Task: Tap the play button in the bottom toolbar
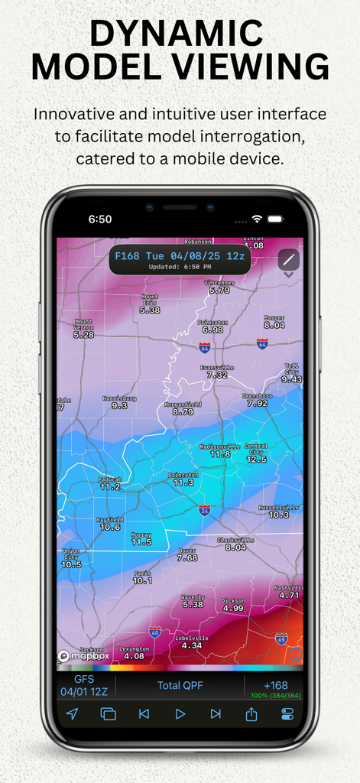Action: pyautogui.click(x=180, y=713)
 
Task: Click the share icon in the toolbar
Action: pyautogui.click(x=251, y=713)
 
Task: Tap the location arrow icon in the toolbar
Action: pyautogui.click(x=72, y=713)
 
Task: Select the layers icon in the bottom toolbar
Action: pyautogui.click(x=108, y=713)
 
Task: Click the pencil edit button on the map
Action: pyautogui.click(x=289, y=260)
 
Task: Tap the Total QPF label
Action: pyautogui.click(x=180, y=685)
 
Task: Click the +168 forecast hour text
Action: pyautogui.click(x=275, y=685)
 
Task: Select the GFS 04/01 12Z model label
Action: pyautogui.click(x=84, y=685)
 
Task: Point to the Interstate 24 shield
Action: pyautogui.click(x=204, y=509)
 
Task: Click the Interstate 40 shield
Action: pyautogui.click(x=155, y=632)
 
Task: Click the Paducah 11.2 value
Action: pyautogui.click(x=110, y=486)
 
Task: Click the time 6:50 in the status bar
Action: pyautogui.click(x=100, y=219)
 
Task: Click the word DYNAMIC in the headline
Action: pyautogui.click(x=177, y=34)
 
